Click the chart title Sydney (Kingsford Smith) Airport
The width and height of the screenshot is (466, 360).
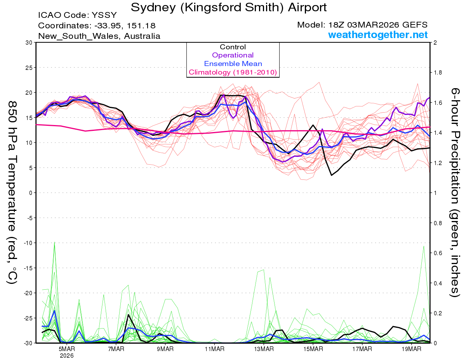tap(229, 7)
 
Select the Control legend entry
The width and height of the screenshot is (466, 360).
tap(233, 47)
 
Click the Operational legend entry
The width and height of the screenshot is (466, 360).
tap(233, 55)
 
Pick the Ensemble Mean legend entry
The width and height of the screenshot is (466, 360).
tap(233, 64)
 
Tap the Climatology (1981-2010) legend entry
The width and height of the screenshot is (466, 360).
tap(233, 72)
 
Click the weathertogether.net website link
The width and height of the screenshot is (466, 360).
tap(378, 35)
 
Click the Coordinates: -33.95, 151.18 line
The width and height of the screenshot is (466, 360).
tap(97, 26)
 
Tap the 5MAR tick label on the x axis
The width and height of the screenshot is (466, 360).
tap(67, 349)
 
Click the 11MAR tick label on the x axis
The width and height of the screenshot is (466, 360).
tap(214, 349)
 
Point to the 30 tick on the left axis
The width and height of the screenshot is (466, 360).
tap(28, 42)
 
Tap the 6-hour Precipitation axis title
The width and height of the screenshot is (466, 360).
tap(455, 192)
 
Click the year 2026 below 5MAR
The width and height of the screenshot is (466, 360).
tap(67, 355)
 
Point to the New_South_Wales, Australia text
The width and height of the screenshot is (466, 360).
tap(99, 36)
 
